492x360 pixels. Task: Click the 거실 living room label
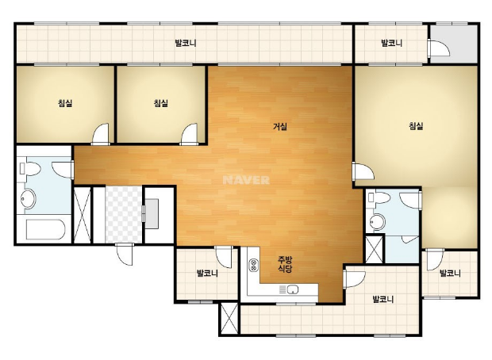(280, 127)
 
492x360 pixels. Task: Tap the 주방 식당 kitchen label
(285, 264)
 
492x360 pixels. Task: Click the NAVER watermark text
(246, 180)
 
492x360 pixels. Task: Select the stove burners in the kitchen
(253, 265)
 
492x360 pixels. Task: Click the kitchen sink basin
(293, 289)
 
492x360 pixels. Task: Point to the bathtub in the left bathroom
(45, 229)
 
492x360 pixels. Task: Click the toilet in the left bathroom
(30, 169)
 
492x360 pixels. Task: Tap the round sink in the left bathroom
(29, 198)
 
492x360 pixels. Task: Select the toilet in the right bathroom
(379, 197)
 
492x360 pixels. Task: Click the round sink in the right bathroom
(377, 222)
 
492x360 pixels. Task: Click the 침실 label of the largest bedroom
(416, 126)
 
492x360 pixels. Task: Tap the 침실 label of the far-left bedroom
(65, 103)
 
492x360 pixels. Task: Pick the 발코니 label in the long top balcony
(186, 43)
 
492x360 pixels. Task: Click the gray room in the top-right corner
(454, 44)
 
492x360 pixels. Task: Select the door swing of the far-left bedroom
(101, 134)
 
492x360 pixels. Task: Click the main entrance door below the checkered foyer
(125, 254)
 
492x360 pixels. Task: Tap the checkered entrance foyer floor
(124, 215)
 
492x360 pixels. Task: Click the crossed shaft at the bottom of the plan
(229, 318)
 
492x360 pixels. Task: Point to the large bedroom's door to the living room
(363, 171)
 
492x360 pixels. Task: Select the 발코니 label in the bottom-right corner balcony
(450, 273)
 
